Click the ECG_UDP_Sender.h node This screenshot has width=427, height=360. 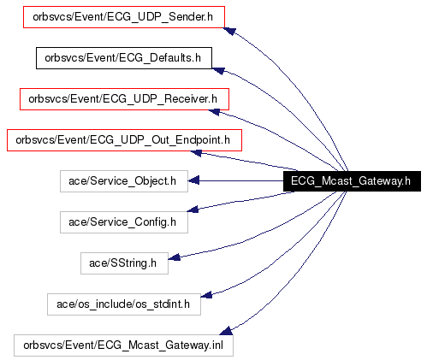[124, 17]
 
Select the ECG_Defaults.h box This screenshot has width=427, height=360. [124, 58]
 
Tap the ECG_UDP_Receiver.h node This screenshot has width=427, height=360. [124, 99]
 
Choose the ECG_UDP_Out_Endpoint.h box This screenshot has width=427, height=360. [124, 140]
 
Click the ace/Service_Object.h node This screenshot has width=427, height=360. [124, 181]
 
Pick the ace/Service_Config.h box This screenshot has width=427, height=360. [124, 222]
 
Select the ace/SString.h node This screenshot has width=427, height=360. [124, 263]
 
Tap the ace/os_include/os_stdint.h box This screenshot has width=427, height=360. [124, 304]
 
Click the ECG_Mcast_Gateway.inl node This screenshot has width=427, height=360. [123, 345]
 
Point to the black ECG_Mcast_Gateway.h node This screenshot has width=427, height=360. [352, 181]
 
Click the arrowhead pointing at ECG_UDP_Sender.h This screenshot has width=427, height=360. [229, 31]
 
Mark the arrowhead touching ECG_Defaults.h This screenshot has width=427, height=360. [218, 70]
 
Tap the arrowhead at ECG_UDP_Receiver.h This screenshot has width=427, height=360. [214, 112]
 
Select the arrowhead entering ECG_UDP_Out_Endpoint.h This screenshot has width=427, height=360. [196, 153]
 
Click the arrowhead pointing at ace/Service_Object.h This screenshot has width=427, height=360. [193, 180]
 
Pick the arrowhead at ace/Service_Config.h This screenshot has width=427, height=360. [193, 210]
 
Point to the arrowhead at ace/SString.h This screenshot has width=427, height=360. [174, 257]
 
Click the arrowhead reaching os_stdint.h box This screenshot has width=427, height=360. [206, 295]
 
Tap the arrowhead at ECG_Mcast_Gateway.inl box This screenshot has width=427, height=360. [226, 331]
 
